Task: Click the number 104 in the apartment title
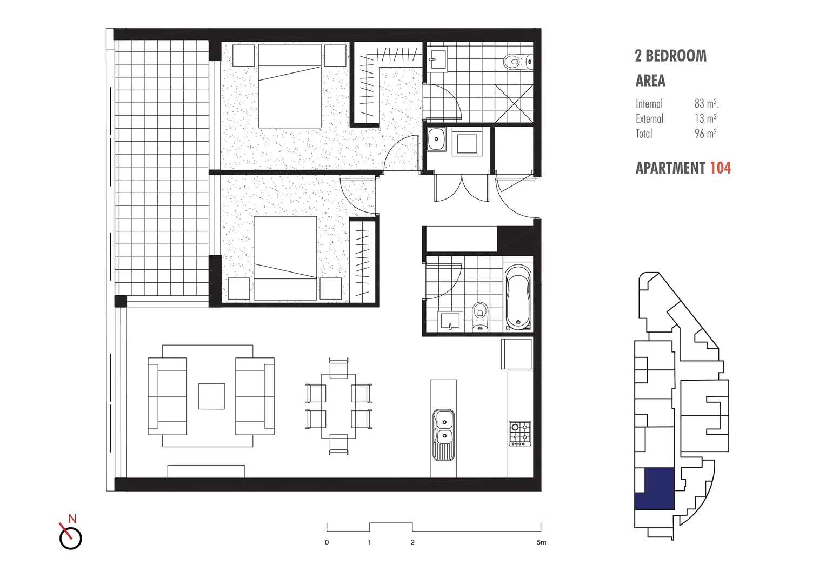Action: tap(720, 168)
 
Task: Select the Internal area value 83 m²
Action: tap(706, 103)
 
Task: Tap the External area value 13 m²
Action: tap(705, 118)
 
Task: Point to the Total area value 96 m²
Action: tap(705, 134)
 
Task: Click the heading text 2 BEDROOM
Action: tap(670, 56)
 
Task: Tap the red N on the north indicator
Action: tap(72, 519)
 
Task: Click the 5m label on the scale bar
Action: tap(541, 542)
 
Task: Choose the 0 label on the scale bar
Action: tap(327, 542)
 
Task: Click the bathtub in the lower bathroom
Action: tap(518, 297)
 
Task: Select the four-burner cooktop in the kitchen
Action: tap(520, 434)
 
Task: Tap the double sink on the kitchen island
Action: tap(444, 427)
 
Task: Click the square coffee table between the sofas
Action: tap(211, 396)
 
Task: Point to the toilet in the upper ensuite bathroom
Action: tap(515, 62)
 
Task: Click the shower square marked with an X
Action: tap(513, 103)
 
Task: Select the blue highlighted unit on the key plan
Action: tap(655, 489)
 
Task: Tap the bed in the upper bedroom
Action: tap(290, 87)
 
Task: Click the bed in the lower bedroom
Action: tap(285, 258)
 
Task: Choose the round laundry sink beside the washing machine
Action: tap(436, 139)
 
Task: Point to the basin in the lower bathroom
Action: tap(450, 321)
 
